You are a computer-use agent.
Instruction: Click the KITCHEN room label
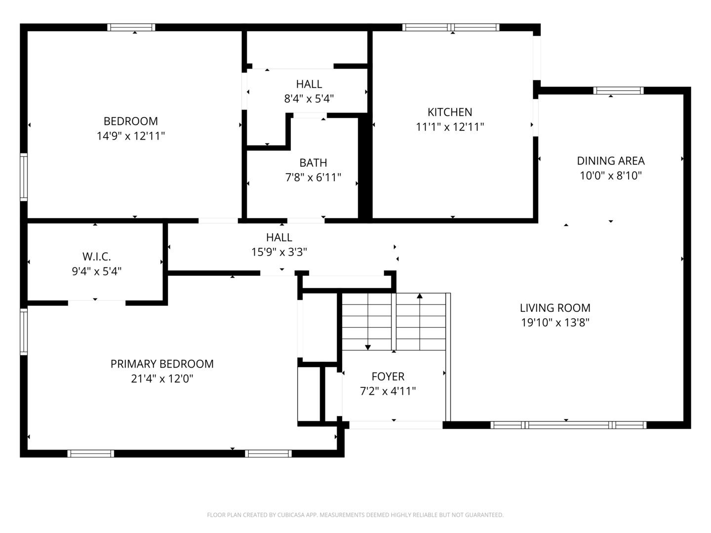(x=450, y=113)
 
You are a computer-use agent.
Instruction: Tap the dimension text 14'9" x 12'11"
(x=131, y=136)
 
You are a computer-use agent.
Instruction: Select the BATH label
(x=313, y=163)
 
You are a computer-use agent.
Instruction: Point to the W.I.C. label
(x=96, y=257)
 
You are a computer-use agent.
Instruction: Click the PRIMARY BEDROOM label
(x=162, y=364)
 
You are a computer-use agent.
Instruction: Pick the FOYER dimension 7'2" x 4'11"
(x=388, y=391)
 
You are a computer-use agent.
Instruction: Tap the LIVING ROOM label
(x=555, y=308)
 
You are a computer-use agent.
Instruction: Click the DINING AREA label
(x=611, y=161)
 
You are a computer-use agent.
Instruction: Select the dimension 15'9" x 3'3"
(x=279, y=252)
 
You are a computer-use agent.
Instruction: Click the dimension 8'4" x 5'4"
(x=309, y=98)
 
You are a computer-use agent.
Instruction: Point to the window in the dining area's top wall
(x=618, y=91)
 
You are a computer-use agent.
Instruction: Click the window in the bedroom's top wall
(x=131, y=28)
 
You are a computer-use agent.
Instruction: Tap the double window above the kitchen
(x=451, y=28)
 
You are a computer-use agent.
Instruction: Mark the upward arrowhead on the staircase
(x=420, y=296)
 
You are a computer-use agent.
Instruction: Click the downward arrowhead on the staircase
(x=368, y=347)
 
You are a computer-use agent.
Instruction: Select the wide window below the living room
(x=568, y=425)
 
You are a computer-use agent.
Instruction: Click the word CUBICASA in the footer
(x=291, y=515)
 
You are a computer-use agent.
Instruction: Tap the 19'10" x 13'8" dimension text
(x=555, y=323)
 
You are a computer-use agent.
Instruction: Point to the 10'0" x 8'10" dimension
(x=611, y=176)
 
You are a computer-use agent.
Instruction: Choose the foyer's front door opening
(x=396, y=425)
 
